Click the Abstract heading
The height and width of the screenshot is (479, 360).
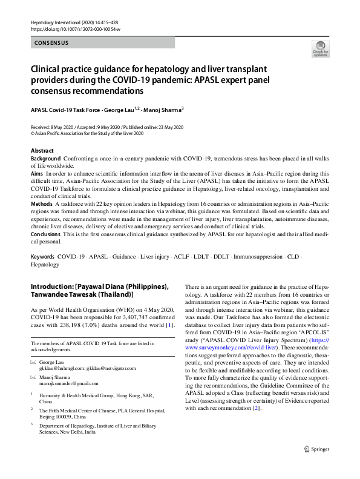coord(42,150)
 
